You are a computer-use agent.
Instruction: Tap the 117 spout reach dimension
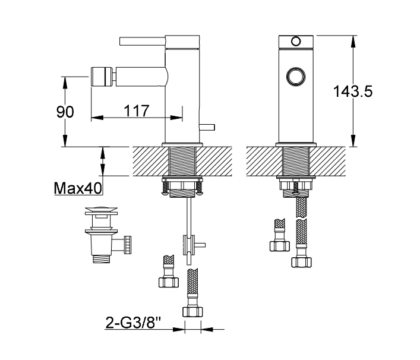pos(136,111)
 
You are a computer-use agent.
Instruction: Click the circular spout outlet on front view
pos(295,77)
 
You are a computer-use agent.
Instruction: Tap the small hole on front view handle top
pos(295,42)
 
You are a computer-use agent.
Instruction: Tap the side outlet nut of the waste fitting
pos(127,243)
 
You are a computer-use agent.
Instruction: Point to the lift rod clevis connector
pos(188,245)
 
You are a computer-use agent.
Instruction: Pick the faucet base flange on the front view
pos(295,144)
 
